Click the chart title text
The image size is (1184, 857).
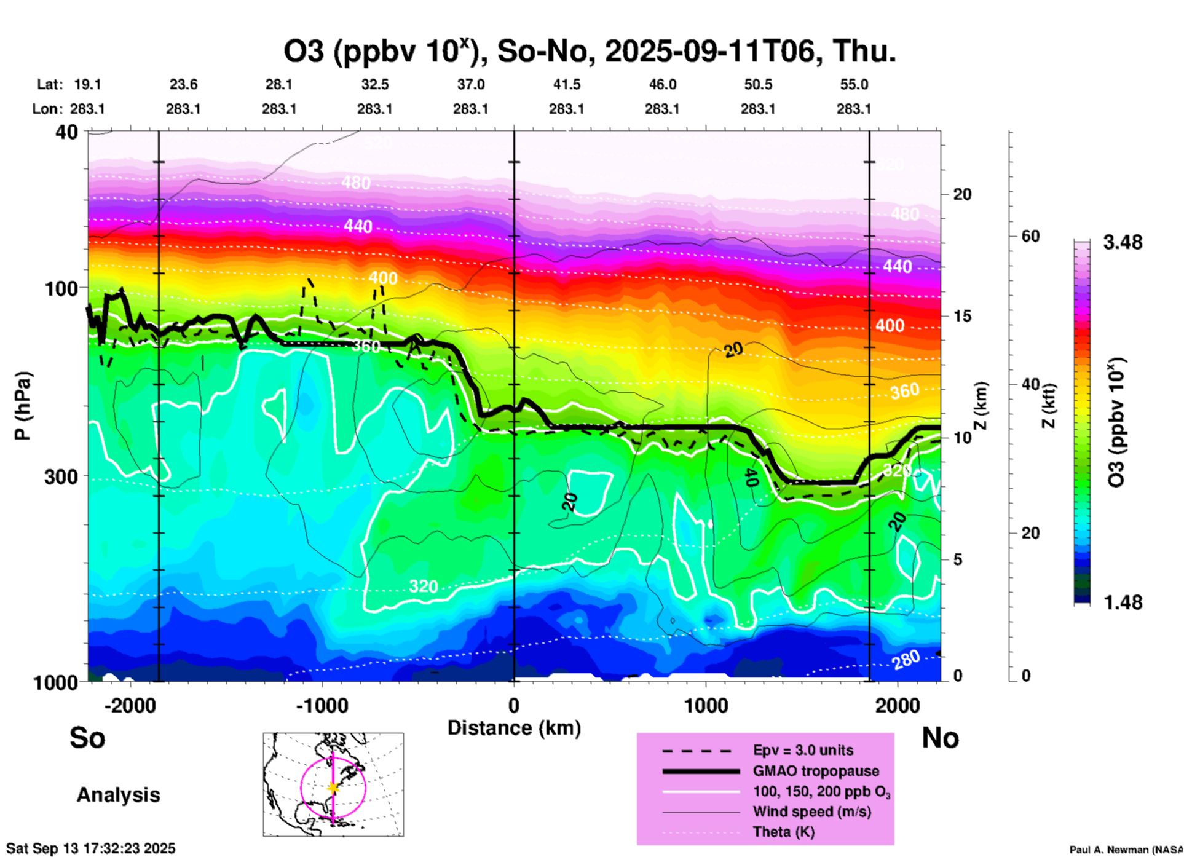click(589, 51)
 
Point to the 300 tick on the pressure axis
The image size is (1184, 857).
click(61, 476)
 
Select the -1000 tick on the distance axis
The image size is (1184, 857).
click(322, 705)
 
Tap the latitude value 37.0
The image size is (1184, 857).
click(470, 85)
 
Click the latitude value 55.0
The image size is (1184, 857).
click(854, 85)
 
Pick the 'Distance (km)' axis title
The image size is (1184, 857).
click(514, 728)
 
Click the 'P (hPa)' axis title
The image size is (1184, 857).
click(23, 406)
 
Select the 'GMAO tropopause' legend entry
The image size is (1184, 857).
click(816, 771)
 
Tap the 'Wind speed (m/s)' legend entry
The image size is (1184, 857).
click(811, 812)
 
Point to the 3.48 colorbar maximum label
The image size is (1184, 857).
click(1123, 243)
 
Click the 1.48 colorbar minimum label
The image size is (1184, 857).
click(1123, 602)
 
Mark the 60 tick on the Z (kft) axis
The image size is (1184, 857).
click(1030, 237)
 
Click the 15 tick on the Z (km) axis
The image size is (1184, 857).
click(962, 316)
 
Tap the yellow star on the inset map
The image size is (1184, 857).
click(333, 788)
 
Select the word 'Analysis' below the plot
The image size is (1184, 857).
click(118, 795)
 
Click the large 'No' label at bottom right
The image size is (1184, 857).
click(940, 738)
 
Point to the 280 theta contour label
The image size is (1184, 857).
click(906, 660)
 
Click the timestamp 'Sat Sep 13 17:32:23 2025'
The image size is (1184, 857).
click(91, 848)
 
